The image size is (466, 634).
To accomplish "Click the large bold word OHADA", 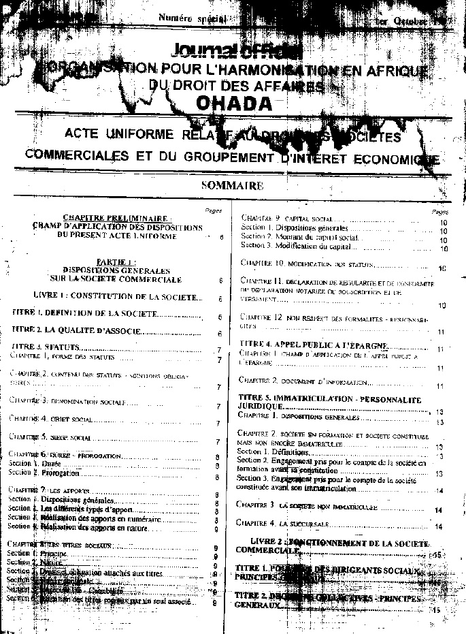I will click(x=233, y=102).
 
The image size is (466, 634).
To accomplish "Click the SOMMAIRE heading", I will click(x=232, y=185).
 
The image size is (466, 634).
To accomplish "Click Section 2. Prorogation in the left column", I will click(x=44, y=473).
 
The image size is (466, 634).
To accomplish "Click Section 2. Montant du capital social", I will click(x=299, y=236).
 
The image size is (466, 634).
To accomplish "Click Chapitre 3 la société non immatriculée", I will click(x=303, y=506).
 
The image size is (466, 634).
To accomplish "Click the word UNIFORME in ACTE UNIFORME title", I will click(x=142, y=133).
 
